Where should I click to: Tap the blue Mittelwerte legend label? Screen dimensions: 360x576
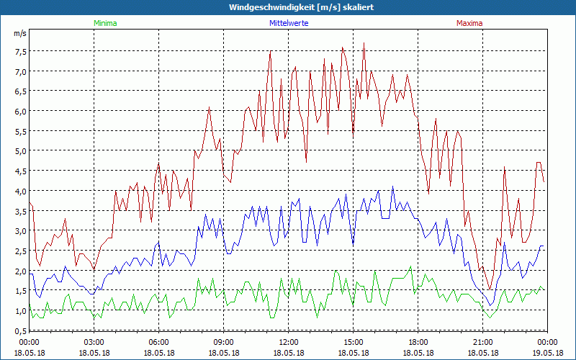point(289,23)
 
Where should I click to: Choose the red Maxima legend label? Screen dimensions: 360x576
point(469,23)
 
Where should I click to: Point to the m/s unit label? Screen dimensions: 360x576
point(19,33)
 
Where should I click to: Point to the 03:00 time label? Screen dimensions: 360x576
point(94,342)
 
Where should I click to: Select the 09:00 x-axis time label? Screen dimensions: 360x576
point(223,342)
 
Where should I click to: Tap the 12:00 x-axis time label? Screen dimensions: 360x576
point(288,342)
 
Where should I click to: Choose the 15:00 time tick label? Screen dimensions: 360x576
point(353,342)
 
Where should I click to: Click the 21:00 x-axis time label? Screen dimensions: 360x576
point(482,342)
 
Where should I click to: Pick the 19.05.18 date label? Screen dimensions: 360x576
point(546,353)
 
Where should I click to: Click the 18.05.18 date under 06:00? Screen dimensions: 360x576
point(158,353)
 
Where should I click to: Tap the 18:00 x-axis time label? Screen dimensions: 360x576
point(418,342)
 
